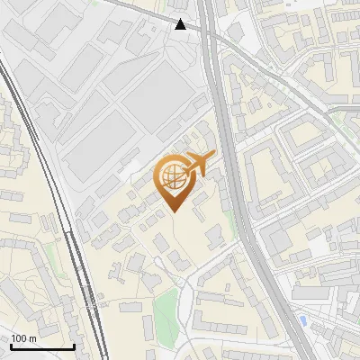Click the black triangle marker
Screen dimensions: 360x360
pos(182,24)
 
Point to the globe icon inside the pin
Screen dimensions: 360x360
pos(170,176)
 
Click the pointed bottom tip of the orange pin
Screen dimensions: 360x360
pos(174,211)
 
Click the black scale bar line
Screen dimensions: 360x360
pos(42,346)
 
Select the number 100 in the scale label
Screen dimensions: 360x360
pos(20,338)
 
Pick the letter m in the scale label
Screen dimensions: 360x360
pos(32,338)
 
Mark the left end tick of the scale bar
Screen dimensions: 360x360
pos(12,345)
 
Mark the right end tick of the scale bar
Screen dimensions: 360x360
pos(73,345)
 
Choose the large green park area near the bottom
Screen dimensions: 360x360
pos(164,310)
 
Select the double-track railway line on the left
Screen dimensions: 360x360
pos(54,180)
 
